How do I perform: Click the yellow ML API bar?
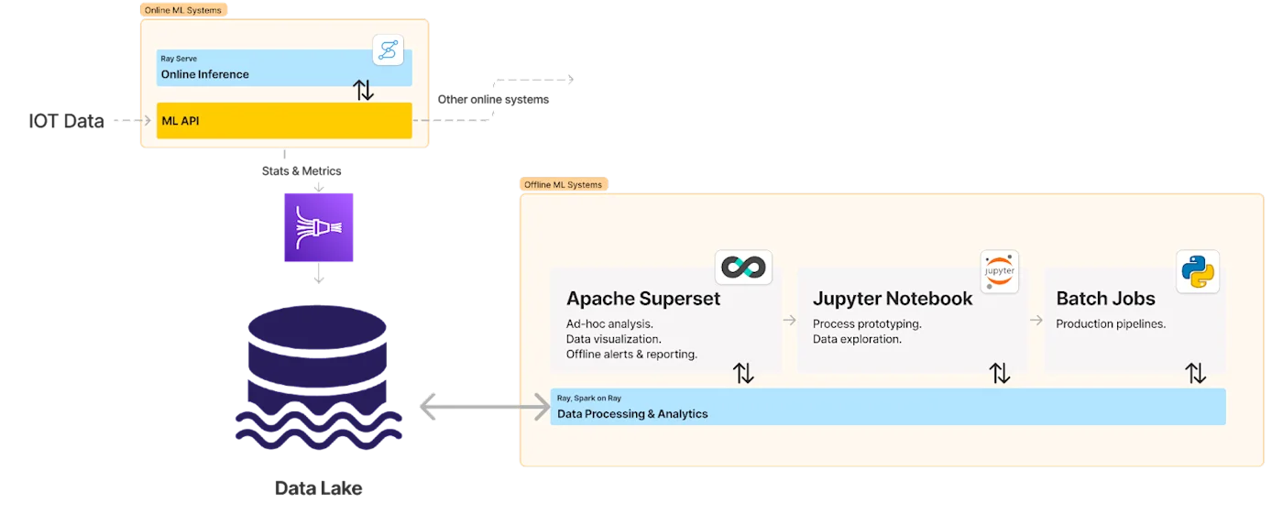pos(284,120)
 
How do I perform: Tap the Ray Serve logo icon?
pos(388,49)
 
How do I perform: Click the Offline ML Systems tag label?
pos(564,184)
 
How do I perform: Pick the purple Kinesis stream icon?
pos(318,227)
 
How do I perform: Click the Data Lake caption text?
pos(318,488)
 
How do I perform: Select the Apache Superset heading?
pos(642,299)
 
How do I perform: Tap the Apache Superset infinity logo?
pos(743,268)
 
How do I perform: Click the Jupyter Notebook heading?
pos(893,299)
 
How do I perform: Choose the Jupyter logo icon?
pos(999,271)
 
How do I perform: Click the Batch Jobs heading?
pos(1105,299)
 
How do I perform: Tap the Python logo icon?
pos(1197,271)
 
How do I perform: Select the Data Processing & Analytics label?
pos(632,414)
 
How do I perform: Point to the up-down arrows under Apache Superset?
pos(743,373)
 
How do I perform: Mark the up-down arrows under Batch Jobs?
pos(1195,373)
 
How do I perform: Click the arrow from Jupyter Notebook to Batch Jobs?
pos(1036,320)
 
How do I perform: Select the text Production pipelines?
pos(1110,324)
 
